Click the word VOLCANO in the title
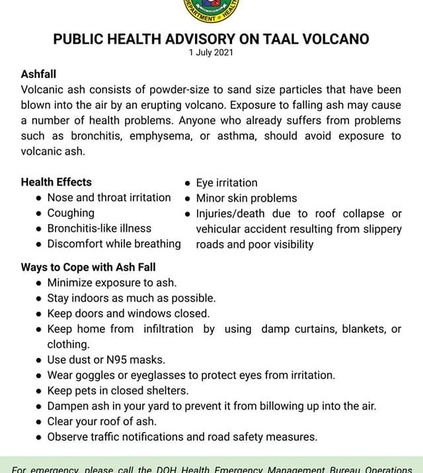point(331,39)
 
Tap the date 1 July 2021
point(211,53)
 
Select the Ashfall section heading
point(38,74)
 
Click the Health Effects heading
point(56,182)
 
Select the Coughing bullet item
point(71,213)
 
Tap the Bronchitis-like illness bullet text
point(99,228)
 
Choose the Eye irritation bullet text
point(227,183)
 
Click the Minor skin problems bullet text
point(247,198)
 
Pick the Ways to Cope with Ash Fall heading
point(88,267)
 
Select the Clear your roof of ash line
point(102,421)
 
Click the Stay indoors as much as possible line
point(131,298)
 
